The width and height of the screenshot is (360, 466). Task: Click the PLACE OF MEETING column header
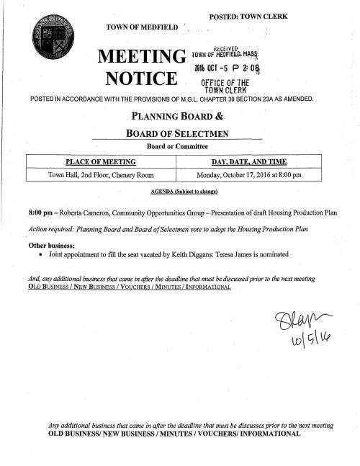(101, 162)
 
